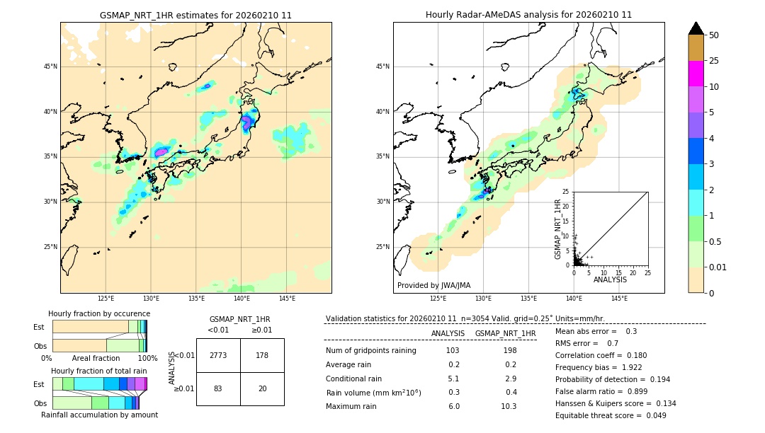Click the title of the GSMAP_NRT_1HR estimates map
(195, 15)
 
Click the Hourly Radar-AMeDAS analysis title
(528, 15)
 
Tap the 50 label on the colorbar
(714, 35)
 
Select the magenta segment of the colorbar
(696, 74)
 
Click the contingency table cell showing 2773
(218, 355)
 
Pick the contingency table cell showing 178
(262, 355)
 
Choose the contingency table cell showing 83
(218, 388)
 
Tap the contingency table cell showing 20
(262, 388)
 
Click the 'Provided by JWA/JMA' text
(433, 286)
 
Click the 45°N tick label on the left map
(50, 67)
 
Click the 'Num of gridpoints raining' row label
(371, 351)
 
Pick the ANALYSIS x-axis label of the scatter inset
(610, 279)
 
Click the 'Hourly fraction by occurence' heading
(99, 313)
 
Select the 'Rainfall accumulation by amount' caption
(99, 415)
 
